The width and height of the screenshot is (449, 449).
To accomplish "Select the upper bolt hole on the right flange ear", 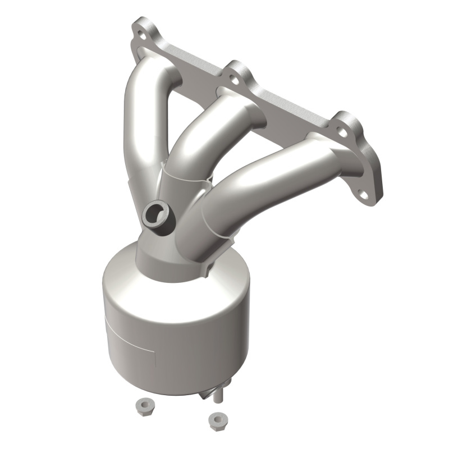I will click(x=341, y=132).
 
